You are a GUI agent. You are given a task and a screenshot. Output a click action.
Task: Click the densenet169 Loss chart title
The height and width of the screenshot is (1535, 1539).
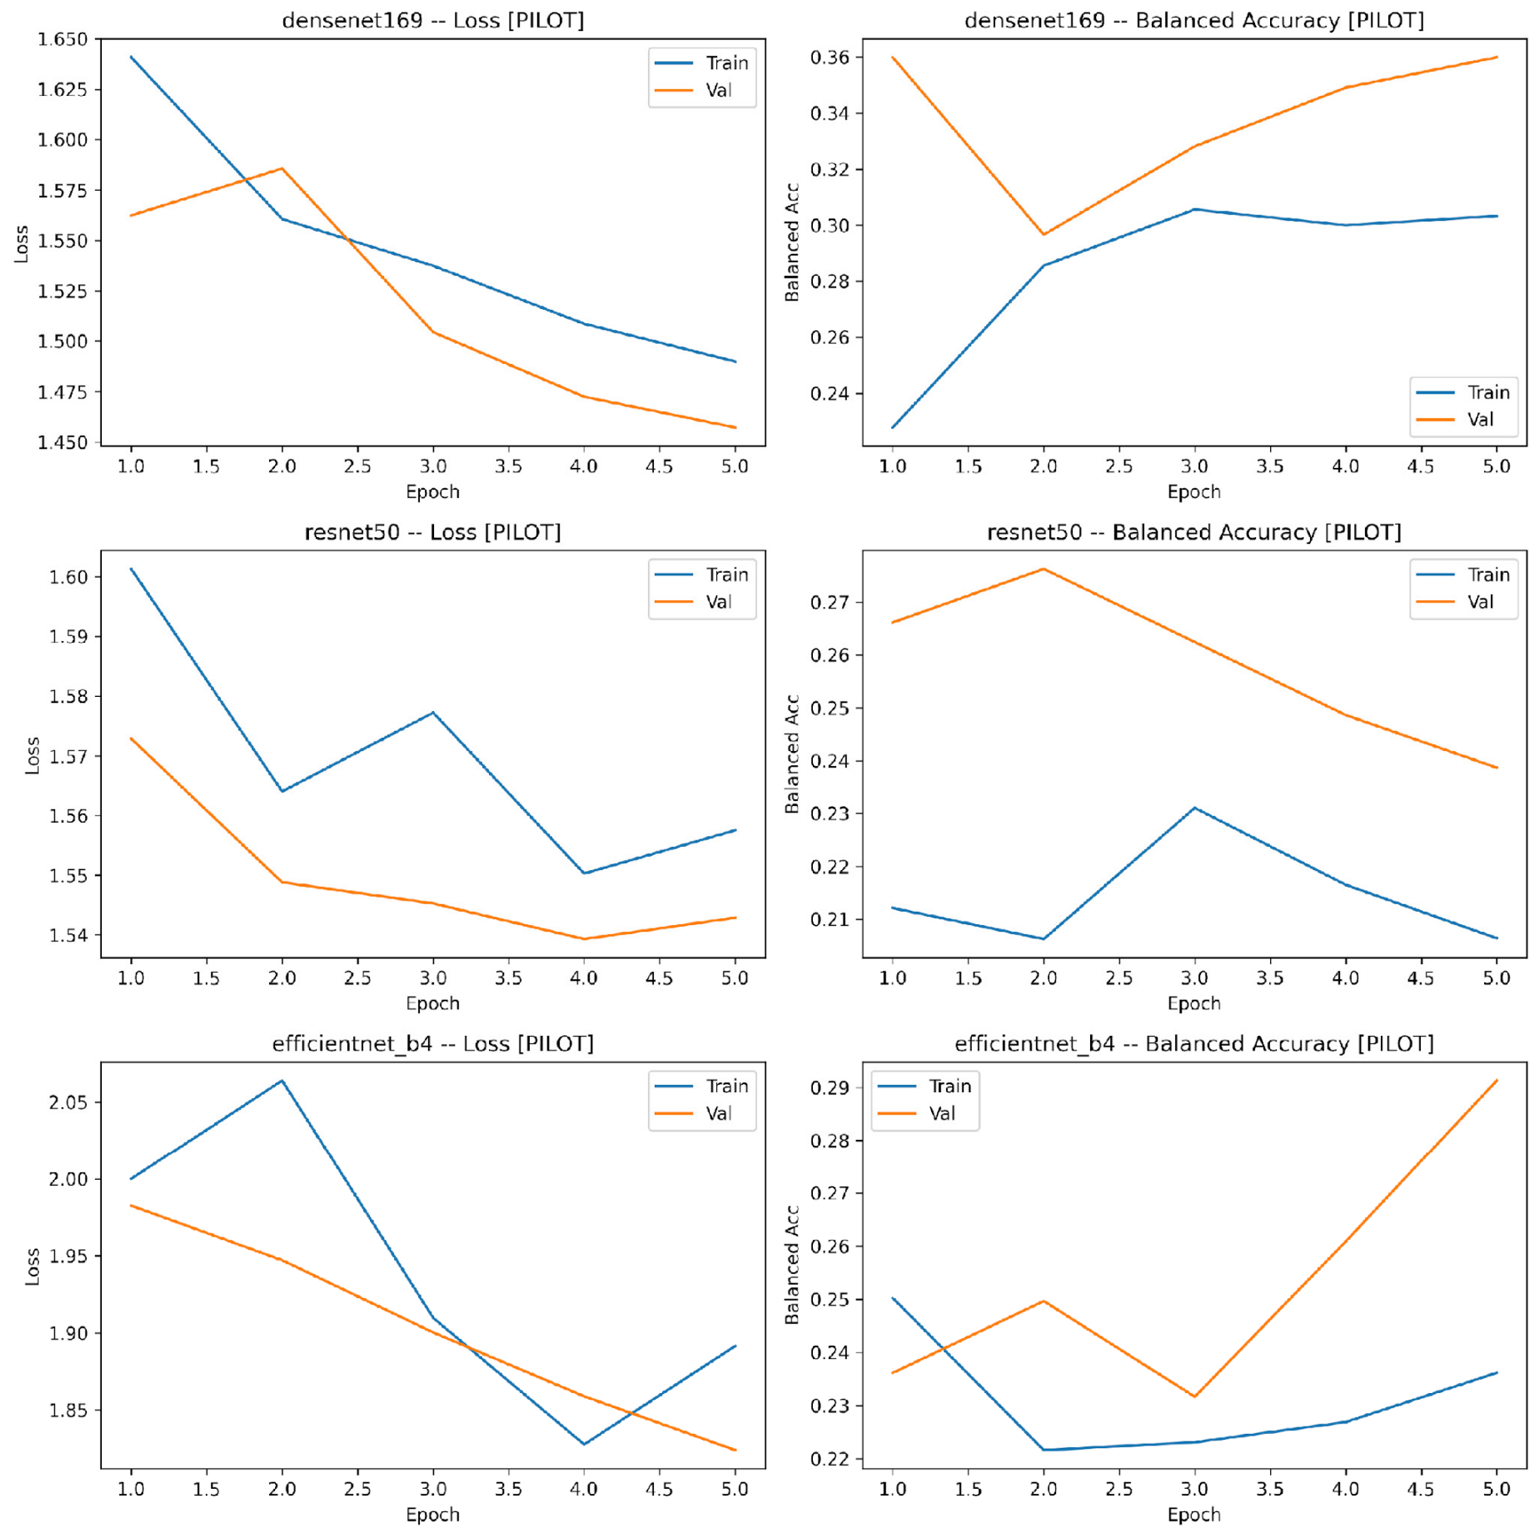click(x=433, y=20)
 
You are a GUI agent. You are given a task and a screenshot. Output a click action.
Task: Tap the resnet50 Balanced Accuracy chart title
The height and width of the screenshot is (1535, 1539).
click(x=1194, y=532)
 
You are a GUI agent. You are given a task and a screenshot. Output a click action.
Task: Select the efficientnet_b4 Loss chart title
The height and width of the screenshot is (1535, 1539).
click(x=433, y=1043)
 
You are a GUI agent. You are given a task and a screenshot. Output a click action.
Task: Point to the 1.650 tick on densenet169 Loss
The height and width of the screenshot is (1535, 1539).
click(x=62, y=39)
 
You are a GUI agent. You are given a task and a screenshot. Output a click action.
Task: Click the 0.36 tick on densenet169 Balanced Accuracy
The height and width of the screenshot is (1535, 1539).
click(x=830, y=58)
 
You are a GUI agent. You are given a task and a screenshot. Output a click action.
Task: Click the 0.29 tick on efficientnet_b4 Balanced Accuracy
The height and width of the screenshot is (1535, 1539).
click(x=830, y=1088)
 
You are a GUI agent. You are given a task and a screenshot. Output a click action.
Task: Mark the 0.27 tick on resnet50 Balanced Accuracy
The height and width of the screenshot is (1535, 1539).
click(x=830, y=602)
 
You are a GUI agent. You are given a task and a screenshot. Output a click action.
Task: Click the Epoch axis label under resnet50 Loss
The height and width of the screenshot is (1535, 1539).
click(x=433, y=1003)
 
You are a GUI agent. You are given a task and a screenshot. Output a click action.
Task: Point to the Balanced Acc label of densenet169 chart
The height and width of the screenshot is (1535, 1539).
click(x=792, y=242)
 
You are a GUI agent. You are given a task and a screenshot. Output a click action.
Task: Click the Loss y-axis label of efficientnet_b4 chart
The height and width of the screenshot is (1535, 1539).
click(x=33, y=1266)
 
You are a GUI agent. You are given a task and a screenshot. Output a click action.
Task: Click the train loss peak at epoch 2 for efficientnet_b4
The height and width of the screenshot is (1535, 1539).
click(x=282, y=1080)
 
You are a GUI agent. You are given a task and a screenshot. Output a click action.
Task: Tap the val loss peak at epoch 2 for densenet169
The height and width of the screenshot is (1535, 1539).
click(x=282, y=168)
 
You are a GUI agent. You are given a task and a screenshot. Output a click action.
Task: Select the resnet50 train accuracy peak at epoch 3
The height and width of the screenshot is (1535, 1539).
click(x=1195, y=808)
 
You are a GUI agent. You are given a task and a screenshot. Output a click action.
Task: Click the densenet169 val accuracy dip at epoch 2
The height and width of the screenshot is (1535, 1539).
click(x=1044, y=234)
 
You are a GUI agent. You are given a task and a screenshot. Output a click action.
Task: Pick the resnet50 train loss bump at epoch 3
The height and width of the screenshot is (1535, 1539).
click(x=433, y=712)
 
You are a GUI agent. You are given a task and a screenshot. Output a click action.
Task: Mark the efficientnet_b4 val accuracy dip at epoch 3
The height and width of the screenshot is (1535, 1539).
click(x=1195, y=1397)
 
